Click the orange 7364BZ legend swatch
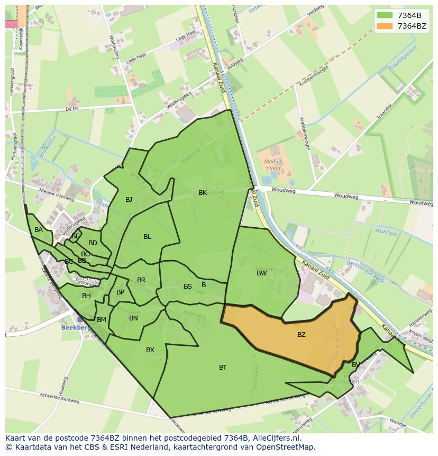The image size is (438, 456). pyautogui.click(x=385, y=26)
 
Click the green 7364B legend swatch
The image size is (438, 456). pyautogui.click(x=385, y=15)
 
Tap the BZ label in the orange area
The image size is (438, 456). pyautogui.click(x=301, y=334)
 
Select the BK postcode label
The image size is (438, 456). pyautogui.click(x=203, y=193)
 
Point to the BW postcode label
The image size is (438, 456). pyautogui.click(x=261, y=273)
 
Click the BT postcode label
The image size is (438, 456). pyautogui.click(x=223, y=367)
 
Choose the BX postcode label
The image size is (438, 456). pyautogui.click(x=150, y=350)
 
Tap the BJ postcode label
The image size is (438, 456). pyautogui.click(x=129, y=200)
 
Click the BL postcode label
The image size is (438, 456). pyautogui.click(x=147, y=237)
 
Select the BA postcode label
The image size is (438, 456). pyautogui.click(x=39, y=230)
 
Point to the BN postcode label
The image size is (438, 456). pyautogui.click(x=133, y=318)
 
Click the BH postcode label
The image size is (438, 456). pyautogui.click(x=86, y=296)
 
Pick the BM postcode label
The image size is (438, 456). pyautogui.click(x=102, y=320)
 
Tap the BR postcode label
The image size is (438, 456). pyautogui.click(x=141, y=280)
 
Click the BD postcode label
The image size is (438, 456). pyautogui.click(x=93, y=243)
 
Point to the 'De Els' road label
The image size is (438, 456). pyautogui.click(x=72, y=109)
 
